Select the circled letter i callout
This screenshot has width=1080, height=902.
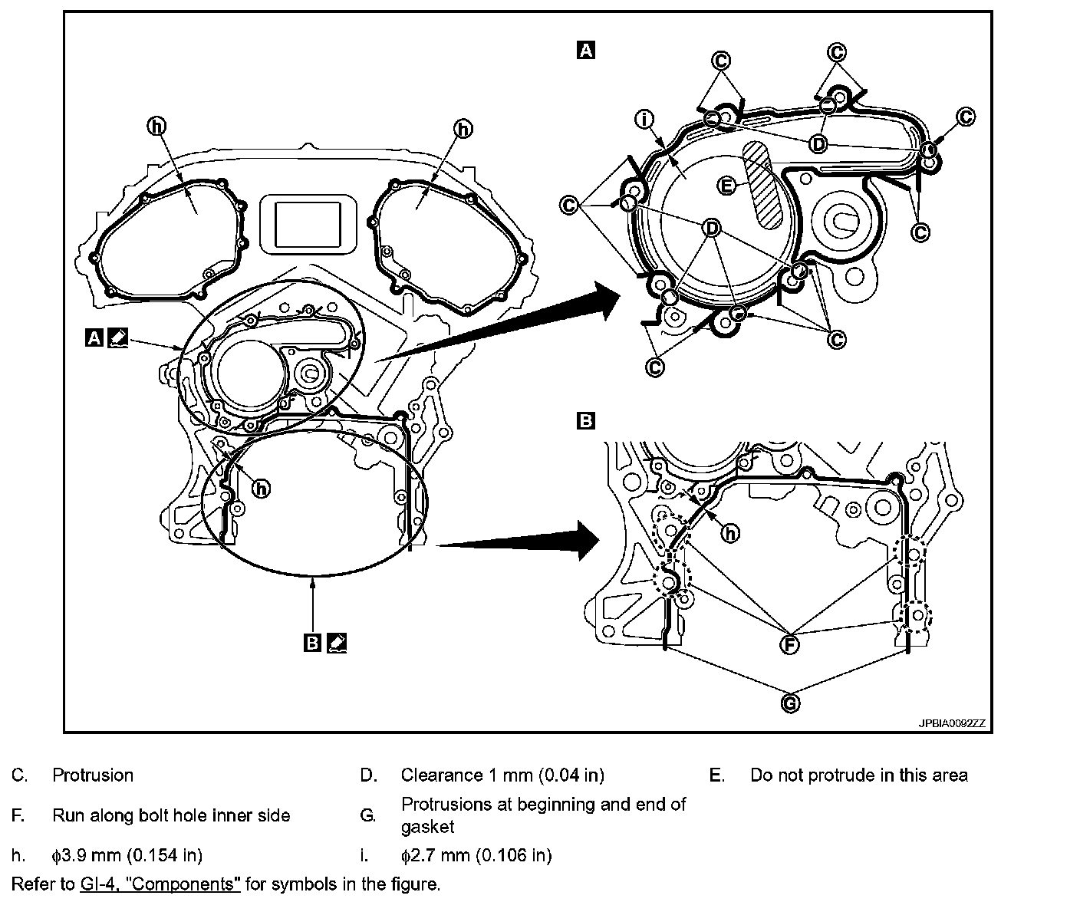tap(645, 120)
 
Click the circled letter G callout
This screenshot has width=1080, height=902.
tap(790, 702)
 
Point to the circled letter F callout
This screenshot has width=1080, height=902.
tap(789, 644)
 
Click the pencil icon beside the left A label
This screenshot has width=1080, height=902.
tap(117, 337)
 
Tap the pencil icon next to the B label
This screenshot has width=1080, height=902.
tap(336, 642)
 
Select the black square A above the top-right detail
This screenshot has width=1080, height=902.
tap(585, 51)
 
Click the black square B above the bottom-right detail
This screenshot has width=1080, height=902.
tap(585, 420)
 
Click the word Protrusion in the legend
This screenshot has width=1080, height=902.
tap(93, 775)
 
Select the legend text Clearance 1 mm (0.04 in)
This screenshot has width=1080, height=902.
tap(502, 775)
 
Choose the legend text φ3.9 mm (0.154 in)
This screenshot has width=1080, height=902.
tap(127, 854)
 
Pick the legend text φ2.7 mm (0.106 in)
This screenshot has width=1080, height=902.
tap(476, 854)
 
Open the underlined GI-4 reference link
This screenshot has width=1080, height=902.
tap(160, 884)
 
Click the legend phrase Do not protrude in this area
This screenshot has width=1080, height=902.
tap(858, 775)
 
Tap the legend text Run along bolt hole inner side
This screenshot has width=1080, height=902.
tap(171, 815)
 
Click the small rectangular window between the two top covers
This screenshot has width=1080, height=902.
tap(308, 222)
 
